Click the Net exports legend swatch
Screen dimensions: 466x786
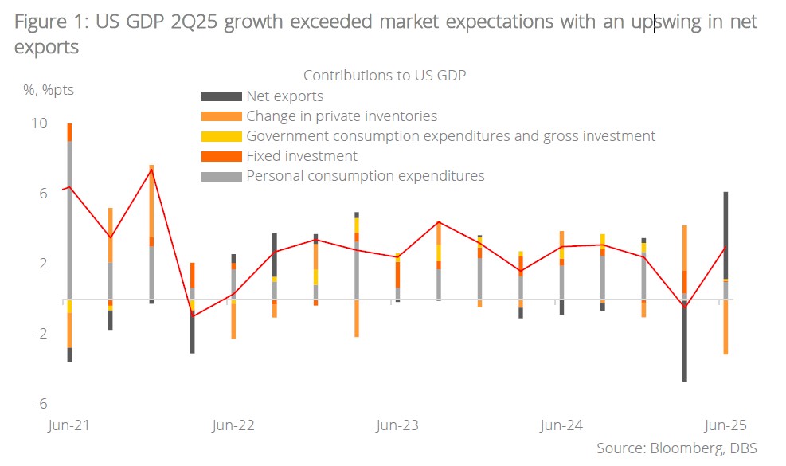pyautogui.click(x=221, y=96)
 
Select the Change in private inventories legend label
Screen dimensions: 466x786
pyautogui.click(x=342, y=116)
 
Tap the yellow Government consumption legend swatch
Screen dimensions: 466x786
pyautogui.click(x=221, y=136)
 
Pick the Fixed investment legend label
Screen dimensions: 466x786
pyautogui.click(x=302, y=156)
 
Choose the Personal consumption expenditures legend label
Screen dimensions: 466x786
pyautogui.click(x=366, y=176)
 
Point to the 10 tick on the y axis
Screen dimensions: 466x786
pyautogui.click(x=39, y=123)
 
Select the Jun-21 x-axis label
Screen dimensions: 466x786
pyautogui.click(x=69, y=425)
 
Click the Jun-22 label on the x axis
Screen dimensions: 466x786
pyautogui.click(x=233, y=425)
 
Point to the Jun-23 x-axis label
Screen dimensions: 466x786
pyautogui.click(x=397, y=425)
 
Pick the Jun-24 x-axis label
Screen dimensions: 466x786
pyautogui.click(x=561, y=425)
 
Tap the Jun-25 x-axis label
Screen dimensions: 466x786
pyautogui.click(x=725, y=425)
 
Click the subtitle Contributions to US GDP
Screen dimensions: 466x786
pyautogui.click(x=384, y=76)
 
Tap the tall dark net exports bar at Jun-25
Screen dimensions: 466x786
pyautogui.click(x=725, y=235)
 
